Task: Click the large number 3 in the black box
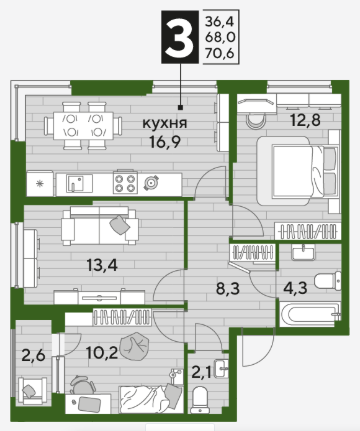[180, 38]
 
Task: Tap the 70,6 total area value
[220, 53]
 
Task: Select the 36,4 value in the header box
[220, 22]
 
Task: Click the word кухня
[165, 123]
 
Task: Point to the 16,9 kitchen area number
[165, 142]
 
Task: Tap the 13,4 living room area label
[102, 266]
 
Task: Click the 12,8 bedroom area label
[306, 120]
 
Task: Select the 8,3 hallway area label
[228, 289]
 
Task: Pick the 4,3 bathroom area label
[295, 288]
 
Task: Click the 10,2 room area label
[102, 352]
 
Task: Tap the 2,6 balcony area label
[33, 356]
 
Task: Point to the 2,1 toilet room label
[201, 372]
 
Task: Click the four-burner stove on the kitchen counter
[125, 182]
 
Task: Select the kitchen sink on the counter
[76, 184]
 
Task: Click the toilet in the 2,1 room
[201, 399]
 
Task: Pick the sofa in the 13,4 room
[100, 226]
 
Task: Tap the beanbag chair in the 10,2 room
[133, 346]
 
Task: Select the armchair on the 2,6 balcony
[32, 390]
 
